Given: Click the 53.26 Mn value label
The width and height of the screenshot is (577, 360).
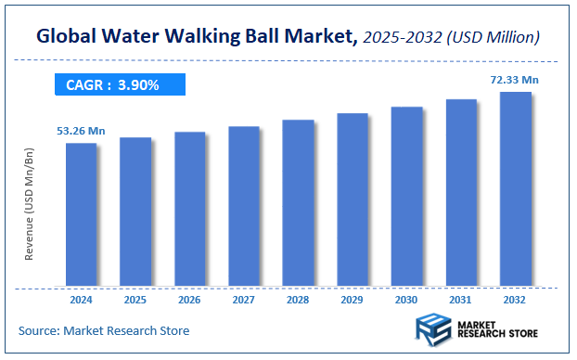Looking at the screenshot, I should pos(81,131).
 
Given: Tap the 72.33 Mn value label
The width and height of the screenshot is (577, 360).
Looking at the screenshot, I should pos(515,81).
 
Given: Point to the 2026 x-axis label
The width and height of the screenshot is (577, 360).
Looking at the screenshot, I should pos(189,301).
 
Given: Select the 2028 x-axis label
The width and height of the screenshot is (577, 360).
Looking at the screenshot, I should pos(298,301).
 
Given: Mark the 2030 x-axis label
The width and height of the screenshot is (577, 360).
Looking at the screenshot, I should pos(406,301).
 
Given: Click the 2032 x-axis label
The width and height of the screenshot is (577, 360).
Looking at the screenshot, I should pos(516,301).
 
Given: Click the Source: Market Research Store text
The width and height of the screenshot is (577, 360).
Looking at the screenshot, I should pos(103,330).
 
